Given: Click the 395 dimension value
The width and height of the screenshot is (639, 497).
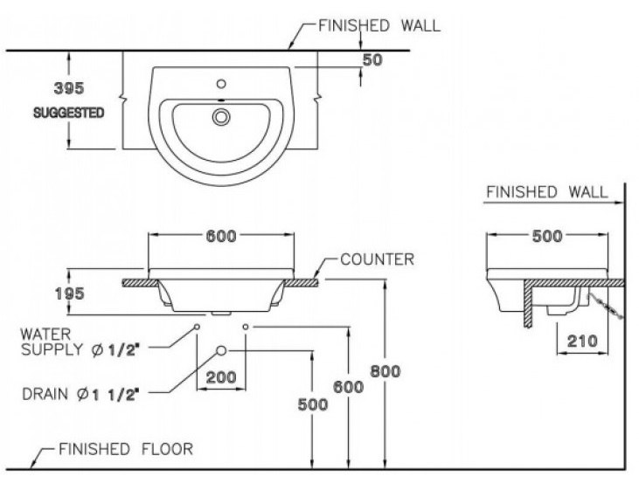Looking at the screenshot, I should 69,88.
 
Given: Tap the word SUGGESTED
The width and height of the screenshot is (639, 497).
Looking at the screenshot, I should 69,113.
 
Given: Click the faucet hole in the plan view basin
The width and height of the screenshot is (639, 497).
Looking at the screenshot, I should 221,86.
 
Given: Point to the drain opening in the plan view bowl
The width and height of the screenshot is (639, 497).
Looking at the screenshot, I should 221,115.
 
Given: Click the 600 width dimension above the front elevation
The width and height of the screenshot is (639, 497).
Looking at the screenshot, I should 222,236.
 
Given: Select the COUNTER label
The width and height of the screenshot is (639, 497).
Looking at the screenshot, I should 377,259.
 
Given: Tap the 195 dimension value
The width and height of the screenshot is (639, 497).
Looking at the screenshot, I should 69,293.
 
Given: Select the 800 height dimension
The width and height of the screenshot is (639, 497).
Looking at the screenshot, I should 384,371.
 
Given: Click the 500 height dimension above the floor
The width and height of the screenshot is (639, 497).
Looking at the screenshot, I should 312,404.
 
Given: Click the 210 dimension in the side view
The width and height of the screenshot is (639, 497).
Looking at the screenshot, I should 581,340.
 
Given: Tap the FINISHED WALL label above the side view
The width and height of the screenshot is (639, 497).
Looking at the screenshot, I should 546,192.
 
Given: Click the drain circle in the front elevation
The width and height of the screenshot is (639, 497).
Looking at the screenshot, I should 221,350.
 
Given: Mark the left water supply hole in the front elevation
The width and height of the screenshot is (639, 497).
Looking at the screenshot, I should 198,326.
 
